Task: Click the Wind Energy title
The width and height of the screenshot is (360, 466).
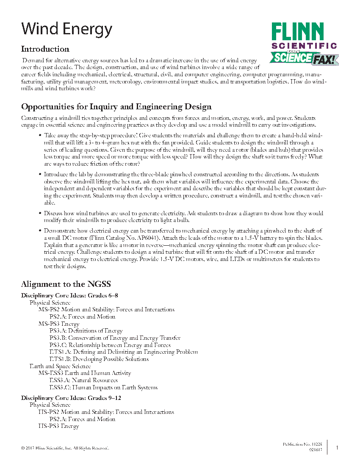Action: pos(67,29)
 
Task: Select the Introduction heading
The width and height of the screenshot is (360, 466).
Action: pos(45,49)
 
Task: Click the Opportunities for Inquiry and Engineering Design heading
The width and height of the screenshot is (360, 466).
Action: pos(116,107)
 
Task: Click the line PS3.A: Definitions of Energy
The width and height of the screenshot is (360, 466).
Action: pos(86,331)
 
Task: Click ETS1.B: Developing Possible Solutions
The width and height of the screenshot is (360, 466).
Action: pos(99,359)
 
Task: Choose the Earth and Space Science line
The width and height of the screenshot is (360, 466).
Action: pos(60,366)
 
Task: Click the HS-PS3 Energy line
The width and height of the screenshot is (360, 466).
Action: pos(58,426)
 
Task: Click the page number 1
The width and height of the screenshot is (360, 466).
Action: pos(337,447)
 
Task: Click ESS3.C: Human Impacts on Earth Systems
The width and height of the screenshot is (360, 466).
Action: pos(103,387)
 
